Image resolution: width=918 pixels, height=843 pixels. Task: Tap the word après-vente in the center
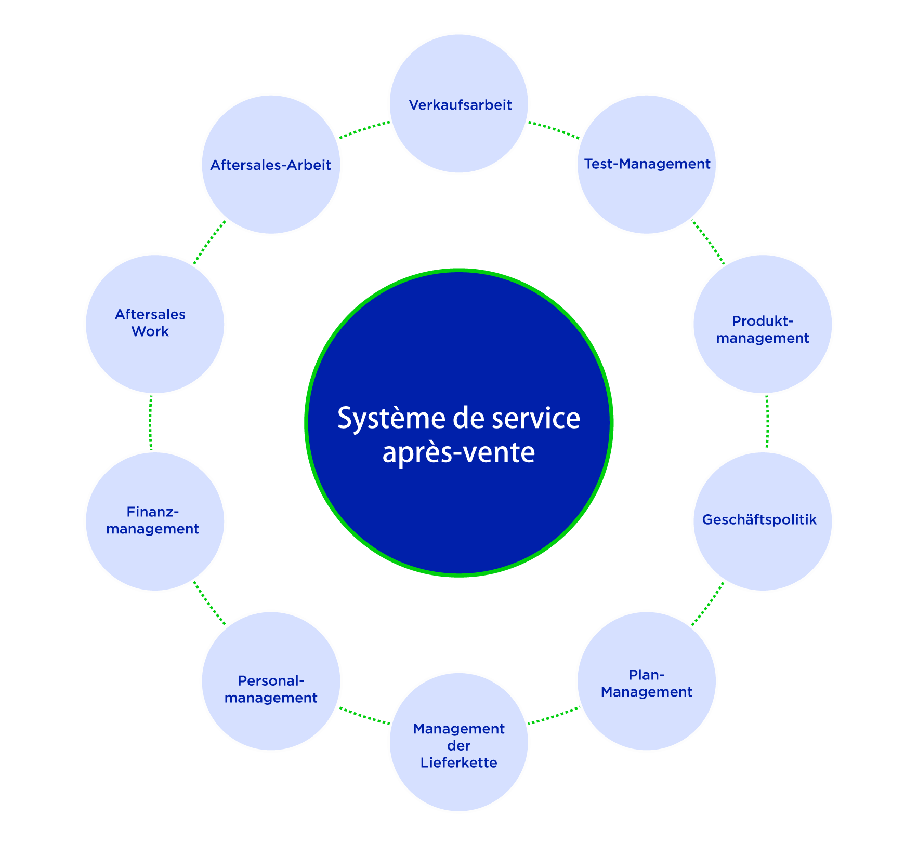coord(458,452)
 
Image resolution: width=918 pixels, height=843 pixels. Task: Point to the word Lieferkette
coord(458,762)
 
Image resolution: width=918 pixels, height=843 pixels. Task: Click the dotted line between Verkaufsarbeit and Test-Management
coord(554,130)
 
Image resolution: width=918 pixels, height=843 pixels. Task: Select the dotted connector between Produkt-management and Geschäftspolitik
coord(767,422)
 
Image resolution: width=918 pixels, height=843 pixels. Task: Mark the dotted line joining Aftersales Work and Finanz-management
coord(151,422)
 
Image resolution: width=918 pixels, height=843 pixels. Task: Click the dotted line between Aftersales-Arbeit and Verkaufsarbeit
coord(364,130)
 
